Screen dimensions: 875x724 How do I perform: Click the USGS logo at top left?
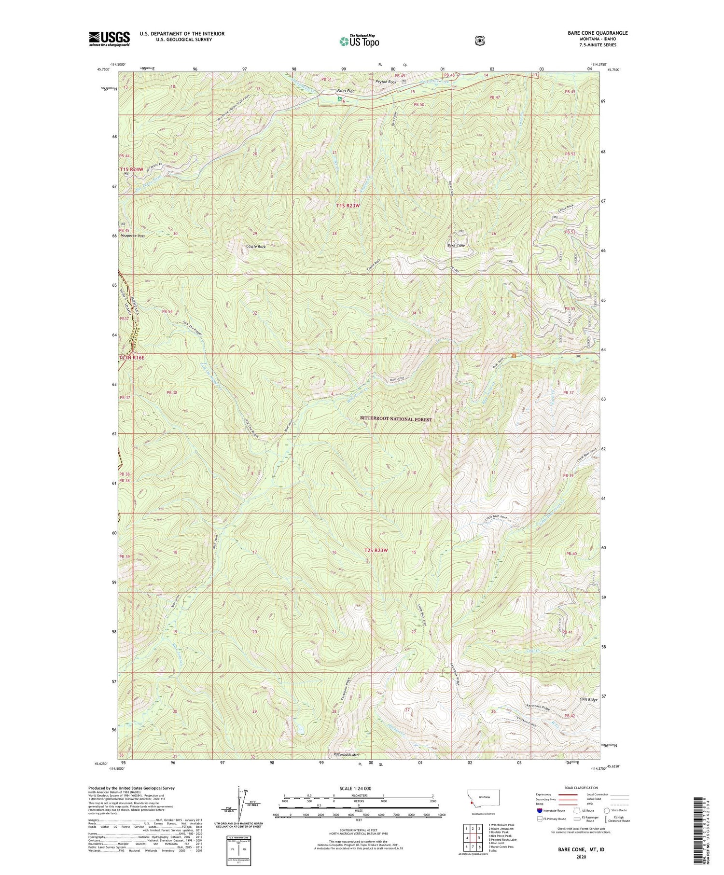[109, 39]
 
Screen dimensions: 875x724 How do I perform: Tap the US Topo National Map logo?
[359, 41]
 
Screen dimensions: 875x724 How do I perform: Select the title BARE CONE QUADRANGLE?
[598, 33]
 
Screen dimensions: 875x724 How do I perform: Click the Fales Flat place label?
[345, 91]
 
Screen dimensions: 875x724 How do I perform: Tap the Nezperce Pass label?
[134, 236]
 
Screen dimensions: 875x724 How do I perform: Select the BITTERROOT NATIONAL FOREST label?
[396, 419]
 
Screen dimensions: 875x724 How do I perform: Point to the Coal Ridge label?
[588, 699]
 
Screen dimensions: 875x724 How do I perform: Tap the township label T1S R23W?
[348, 206]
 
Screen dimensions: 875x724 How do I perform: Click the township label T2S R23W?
[376, 550]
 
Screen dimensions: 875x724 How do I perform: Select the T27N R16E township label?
[131, 358]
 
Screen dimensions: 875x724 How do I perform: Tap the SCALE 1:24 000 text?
[359, 789]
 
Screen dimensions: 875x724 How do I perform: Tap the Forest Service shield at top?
[479, 41]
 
